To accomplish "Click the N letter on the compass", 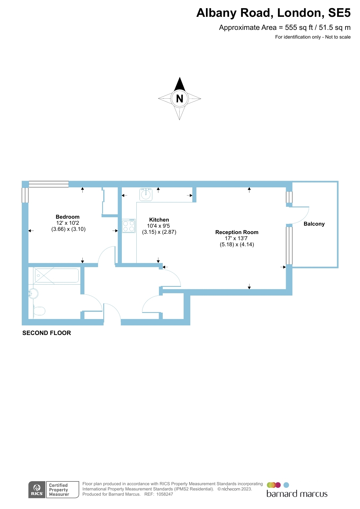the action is (180, 99).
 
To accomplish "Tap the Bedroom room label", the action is (68, 217).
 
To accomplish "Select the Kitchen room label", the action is (159, 220).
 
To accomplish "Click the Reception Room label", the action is (237, 232).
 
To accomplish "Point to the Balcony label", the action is (314, 224).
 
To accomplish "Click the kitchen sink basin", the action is (146, 194).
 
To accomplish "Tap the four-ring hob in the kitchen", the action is (129, 226).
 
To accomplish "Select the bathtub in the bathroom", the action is (57, 276).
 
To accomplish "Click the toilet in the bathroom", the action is (39, 311).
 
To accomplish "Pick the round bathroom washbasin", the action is (34, 294).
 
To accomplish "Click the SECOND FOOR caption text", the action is (47, 333).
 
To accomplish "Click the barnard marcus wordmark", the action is (297, 494).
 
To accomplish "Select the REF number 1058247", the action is (164, 494).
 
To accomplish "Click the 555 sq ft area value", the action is (299, 28).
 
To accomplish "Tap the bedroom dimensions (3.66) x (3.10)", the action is (68, 229).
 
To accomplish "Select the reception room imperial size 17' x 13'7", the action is (236, 238).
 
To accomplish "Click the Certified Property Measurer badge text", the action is (59, 490).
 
